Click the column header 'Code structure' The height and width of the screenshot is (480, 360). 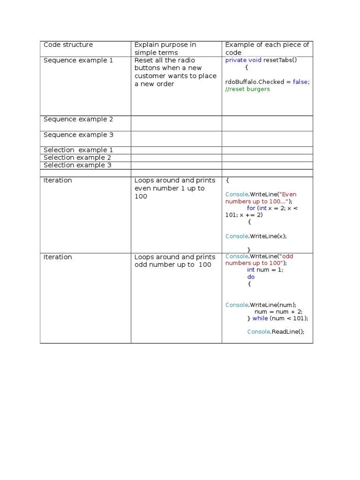68,45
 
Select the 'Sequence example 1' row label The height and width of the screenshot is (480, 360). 78,60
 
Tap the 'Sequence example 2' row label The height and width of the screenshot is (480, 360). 78,120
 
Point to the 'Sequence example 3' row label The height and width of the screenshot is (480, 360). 78,135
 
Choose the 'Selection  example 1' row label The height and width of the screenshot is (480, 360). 78,150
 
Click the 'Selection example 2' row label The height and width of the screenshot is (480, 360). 77,157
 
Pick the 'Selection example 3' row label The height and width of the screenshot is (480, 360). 77,165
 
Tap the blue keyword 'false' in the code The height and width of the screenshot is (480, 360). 300,82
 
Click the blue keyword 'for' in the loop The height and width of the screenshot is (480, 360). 251,208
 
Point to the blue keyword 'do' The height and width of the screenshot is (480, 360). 251,277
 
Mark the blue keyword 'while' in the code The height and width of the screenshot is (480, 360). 260,319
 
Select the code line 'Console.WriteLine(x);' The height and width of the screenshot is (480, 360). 256,236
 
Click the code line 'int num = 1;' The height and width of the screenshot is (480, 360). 265,270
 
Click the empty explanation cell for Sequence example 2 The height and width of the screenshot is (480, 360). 176,123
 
